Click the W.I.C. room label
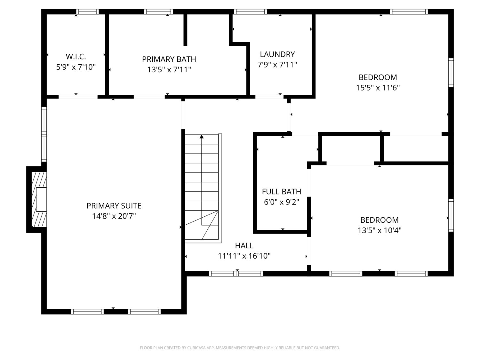pos(76,57)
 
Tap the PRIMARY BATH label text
pos(169,59)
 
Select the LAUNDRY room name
pos(277,54)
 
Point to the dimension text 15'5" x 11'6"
pos(378,88)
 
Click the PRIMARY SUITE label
pos(114,206)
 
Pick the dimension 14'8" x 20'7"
pos(114,216)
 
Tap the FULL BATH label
pos(282,192)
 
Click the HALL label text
pos(244,246)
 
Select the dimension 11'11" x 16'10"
pos(244,256)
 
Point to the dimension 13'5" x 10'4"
pos(380,230)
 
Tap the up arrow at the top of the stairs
pos(202,137)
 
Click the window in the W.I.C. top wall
pos(87,12)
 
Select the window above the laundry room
pos(250,12)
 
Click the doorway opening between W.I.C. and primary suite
pos(78,97)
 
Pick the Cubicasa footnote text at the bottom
pos(240,348)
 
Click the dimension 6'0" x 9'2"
pos(282,202)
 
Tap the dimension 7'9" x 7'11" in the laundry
pos(277,65)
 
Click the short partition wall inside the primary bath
pos(185,30)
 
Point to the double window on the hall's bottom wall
pos(236,274)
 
